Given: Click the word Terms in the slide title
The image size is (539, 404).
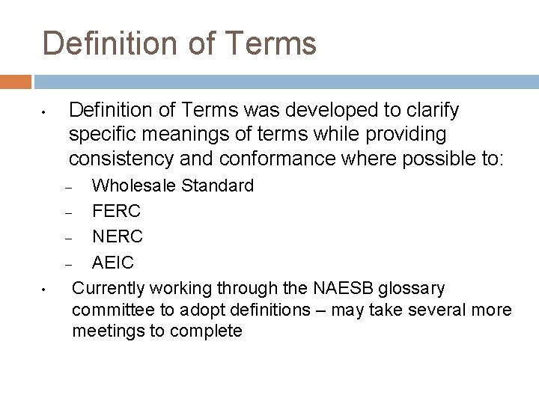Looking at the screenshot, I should click(269, 43).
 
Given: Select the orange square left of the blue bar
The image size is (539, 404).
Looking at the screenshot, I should click(15, 81).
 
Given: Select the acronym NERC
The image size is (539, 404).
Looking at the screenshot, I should click(117, 237).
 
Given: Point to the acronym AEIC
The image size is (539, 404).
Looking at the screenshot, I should click(113, 263).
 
